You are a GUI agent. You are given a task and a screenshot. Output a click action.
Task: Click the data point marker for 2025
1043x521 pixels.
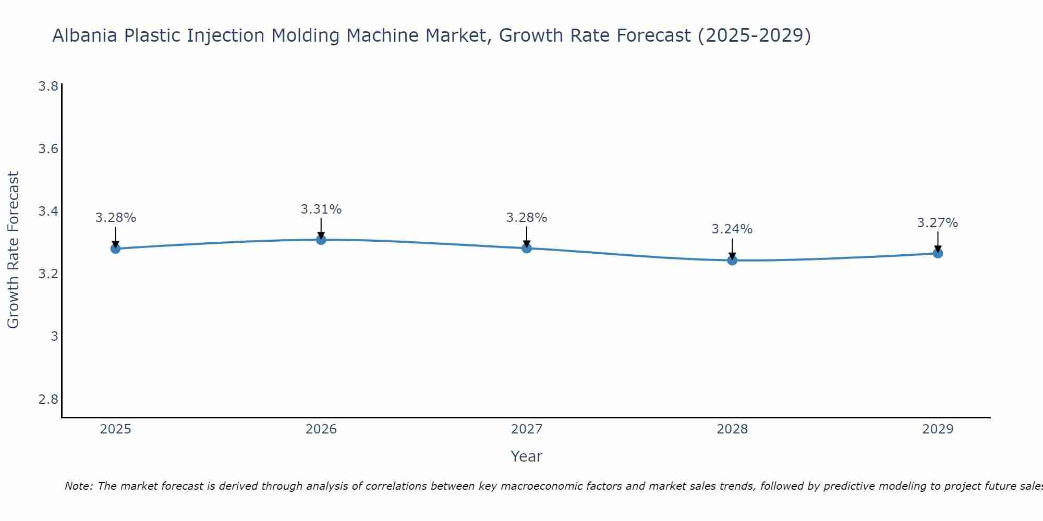(x=115, y=249)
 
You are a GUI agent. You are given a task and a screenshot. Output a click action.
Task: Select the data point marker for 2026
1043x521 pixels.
(x=321, y=240)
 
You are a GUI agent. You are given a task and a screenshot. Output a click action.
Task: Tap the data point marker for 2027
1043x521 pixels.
(x=526, y=248)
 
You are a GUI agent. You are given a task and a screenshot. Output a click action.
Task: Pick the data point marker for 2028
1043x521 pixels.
(x=732, y=260)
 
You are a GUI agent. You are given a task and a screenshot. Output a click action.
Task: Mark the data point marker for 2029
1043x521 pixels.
(x=938, y=253)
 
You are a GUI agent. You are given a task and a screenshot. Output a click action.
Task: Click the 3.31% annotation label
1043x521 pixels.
(x=321, y=209)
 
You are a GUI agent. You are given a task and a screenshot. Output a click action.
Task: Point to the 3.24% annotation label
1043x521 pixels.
(x=732, y=229)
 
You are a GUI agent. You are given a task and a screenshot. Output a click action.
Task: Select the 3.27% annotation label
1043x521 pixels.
(x=938, y=223)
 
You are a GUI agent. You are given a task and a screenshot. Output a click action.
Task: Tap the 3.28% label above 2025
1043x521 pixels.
(x=115, y=218)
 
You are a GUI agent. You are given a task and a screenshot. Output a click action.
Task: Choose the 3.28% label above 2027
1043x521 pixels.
(x=526, y=218)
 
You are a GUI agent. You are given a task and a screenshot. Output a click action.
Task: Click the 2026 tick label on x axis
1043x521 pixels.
(x=321, y=429)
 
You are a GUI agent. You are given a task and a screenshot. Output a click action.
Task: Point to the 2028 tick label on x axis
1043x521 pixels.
(x=732, y=429)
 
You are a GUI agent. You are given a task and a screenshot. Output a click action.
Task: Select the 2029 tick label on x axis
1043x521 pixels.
(x=938, y=429)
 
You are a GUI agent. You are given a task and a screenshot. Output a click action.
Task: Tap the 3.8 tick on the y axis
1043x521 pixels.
(x=48, y=86)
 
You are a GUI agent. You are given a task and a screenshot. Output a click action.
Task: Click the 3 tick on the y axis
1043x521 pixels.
(x=54, y=337)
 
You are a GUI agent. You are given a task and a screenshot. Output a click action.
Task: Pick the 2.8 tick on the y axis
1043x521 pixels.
(x=48, y=400)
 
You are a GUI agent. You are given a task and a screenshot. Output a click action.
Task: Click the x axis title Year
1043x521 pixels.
(x=526, y=456)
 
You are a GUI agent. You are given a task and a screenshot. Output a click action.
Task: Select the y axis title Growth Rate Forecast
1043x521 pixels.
(x=13, y=250)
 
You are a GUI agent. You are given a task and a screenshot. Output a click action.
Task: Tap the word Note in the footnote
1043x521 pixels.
(x=78, y=486)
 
